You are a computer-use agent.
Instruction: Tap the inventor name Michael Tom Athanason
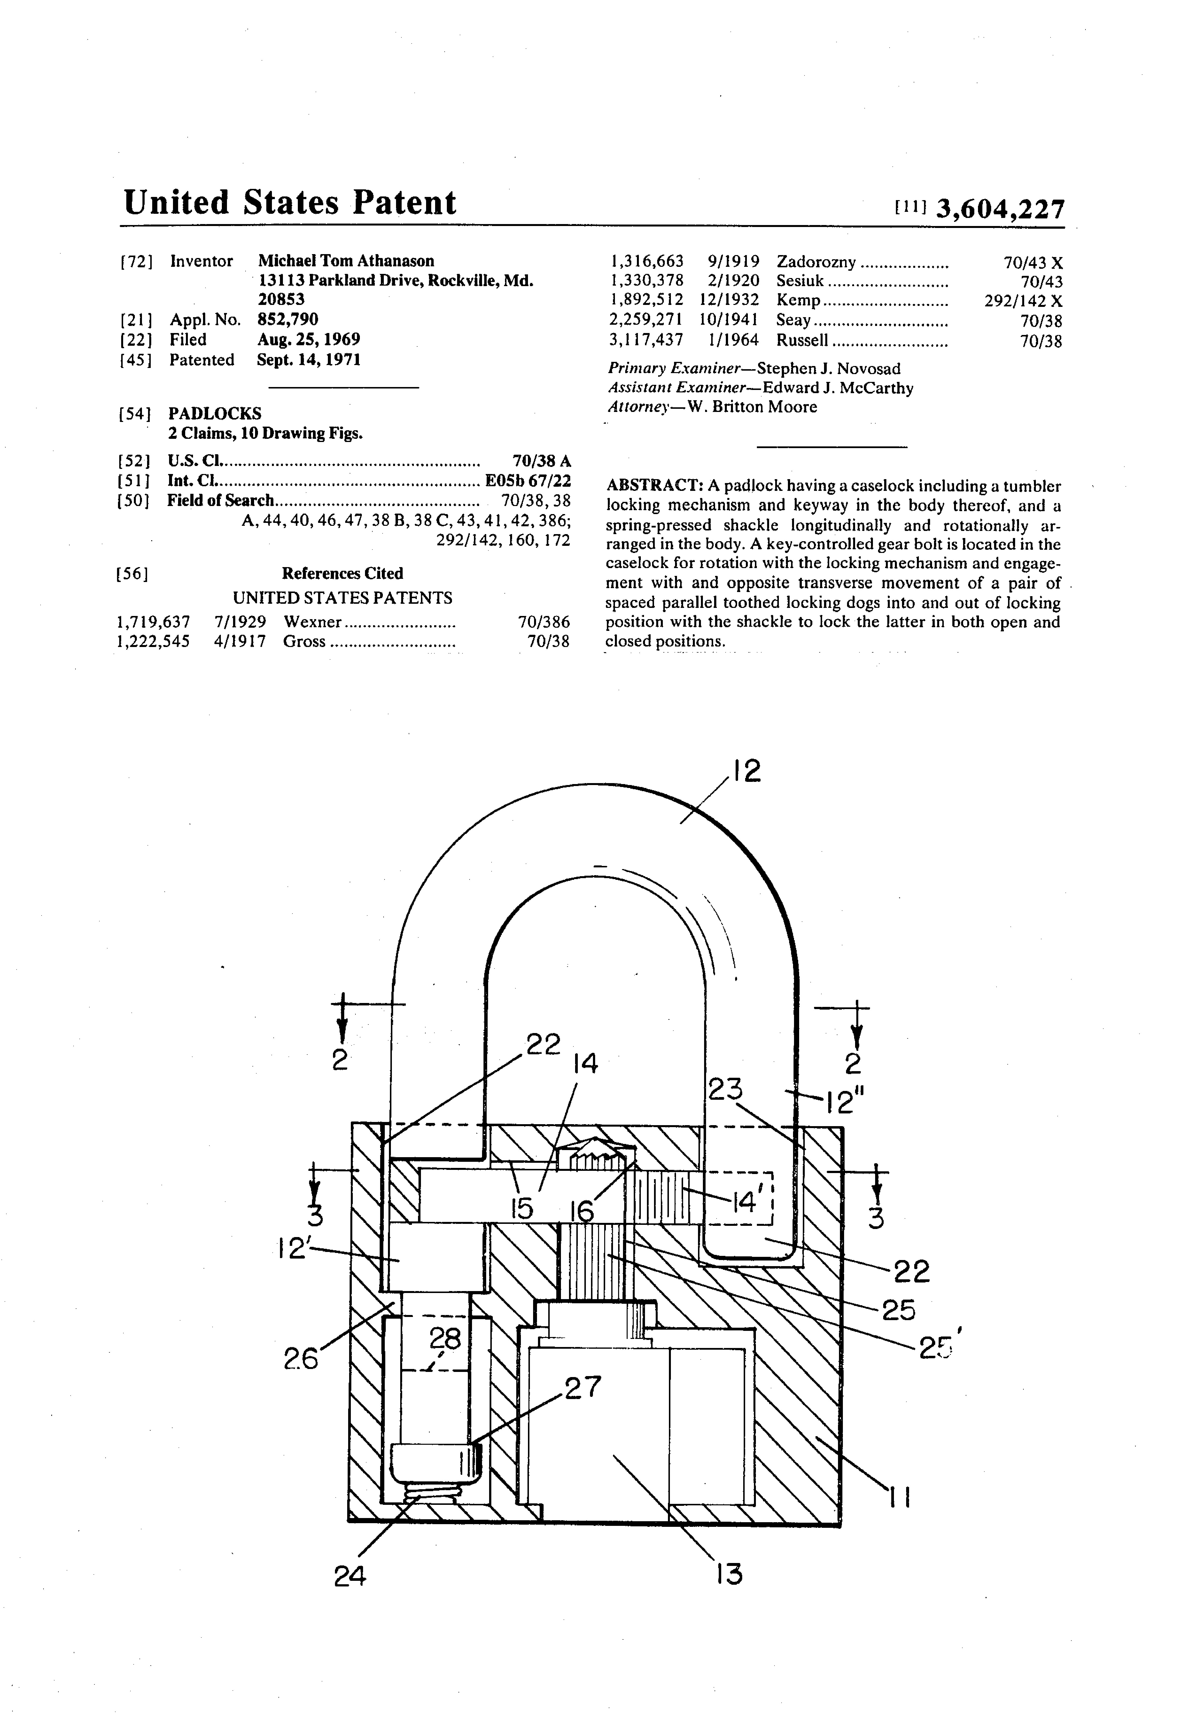tap(346, 260)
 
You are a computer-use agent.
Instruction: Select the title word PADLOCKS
tap(215, 414)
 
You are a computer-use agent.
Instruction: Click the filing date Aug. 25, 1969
tap(308, 340)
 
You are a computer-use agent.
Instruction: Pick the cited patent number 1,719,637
tap(153, 622)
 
